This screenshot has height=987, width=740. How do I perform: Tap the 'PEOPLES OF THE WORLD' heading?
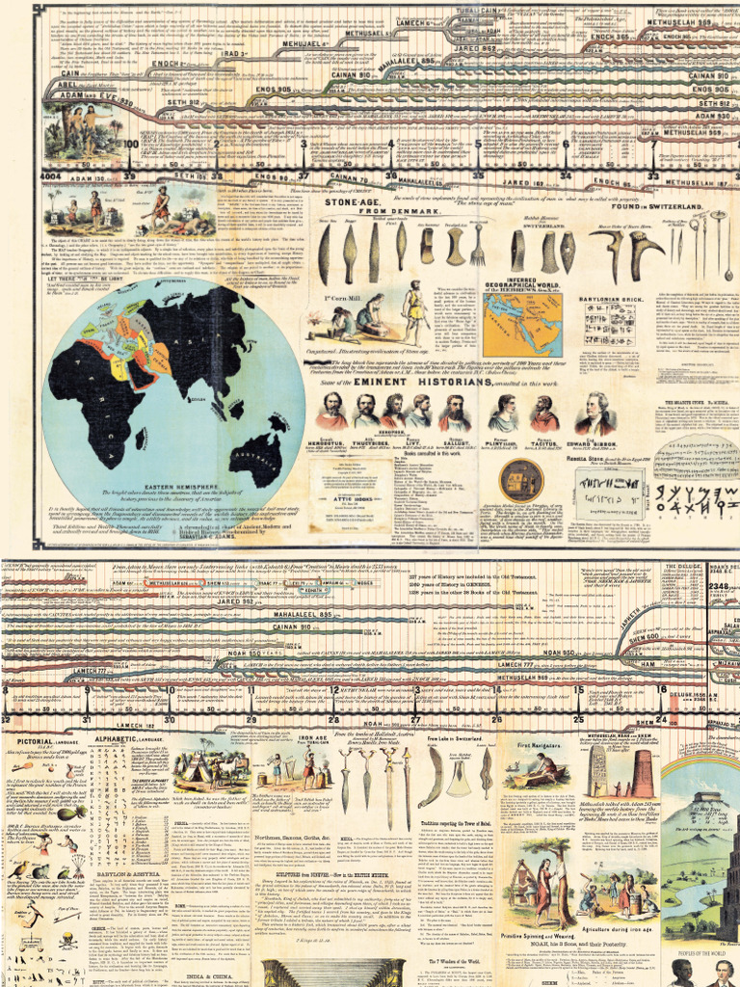[x=700, y=950]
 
